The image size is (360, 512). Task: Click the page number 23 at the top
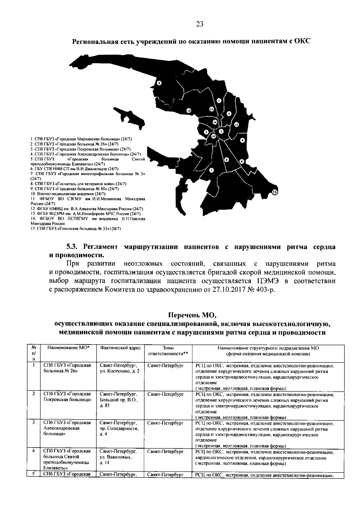tap(200, 24)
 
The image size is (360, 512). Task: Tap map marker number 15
tap(275, 192)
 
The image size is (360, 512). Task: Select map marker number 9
tap(159, 83)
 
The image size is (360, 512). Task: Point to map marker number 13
tap(188, 110)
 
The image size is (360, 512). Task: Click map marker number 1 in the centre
tap(221, 131)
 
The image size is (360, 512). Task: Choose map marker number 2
tap(211, 170)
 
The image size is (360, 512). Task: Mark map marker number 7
tap(219, 101)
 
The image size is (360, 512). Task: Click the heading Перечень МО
tap(192, 316)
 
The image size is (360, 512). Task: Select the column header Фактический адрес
tap(120, 348)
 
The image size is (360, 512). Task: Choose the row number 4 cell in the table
tap(34, 451)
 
